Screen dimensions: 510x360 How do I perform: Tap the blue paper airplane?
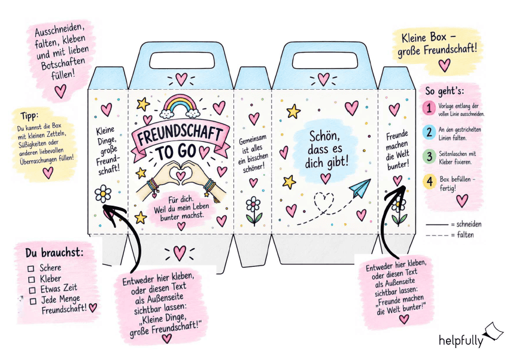click(360, 188)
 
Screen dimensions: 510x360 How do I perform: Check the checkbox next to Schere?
click(31, 269)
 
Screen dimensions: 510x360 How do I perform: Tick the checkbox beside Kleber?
click(32, 279)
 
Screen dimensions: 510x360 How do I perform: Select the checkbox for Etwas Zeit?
click(32, 290)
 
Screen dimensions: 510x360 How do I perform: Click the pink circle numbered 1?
click(429, 108)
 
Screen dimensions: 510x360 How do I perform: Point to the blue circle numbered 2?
click(429, 132)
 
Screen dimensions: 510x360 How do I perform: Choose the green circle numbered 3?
click(429, 156)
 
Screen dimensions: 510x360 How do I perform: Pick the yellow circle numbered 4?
click(430, 182)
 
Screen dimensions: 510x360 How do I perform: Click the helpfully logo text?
click(461, 340)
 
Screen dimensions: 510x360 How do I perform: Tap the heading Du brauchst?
click(54, 253)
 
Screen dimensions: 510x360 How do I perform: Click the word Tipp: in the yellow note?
click(29, 115)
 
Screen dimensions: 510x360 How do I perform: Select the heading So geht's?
click(444, 91)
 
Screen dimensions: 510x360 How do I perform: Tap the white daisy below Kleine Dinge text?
click(103, 194)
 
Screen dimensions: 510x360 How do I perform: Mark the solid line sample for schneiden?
click(437, 225)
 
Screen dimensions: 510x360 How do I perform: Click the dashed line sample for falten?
click(437, 235)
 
